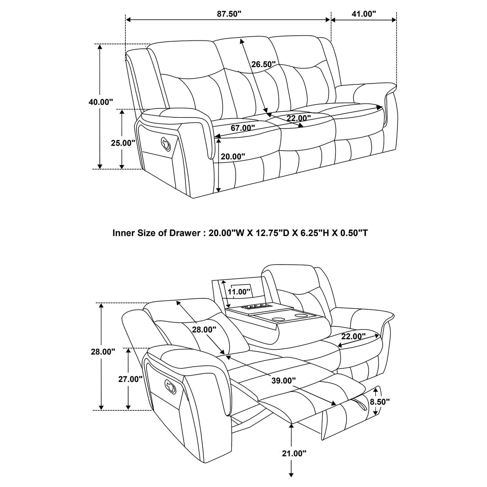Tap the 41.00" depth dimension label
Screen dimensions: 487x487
pos(364,14)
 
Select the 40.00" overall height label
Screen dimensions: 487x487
pos(101,102)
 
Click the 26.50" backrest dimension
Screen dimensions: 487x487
pos(263,64)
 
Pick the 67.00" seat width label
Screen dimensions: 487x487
pos(243,128)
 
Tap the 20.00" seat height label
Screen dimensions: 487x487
pos(233,156)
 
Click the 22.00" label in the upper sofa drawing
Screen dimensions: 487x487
pos(299,118)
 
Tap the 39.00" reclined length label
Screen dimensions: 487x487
pos(284,381)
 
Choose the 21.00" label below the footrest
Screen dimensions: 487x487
pos(294,453)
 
